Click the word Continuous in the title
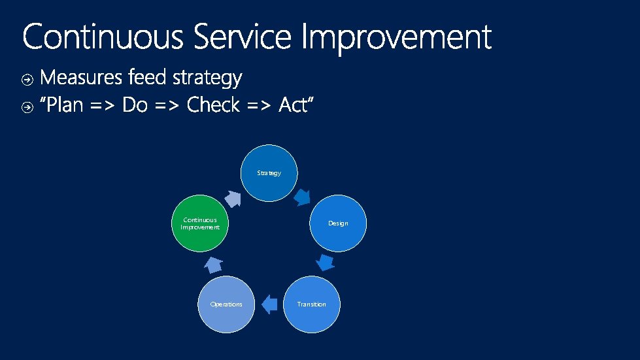(x=103, y=37)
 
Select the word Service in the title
(x=241, y=37)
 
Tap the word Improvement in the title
(x=396, y=37)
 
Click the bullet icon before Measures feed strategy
(x=27, y=80)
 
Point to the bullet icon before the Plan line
(x=27, y=106)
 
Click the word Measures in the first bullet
(x=81, y=78)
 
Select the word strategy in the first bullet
(x=207, y=79)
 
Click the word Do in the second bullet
(x=135, y=105)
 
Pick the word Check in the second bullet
(x=214, y=105)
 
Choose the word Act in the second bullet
(x=295, y=105)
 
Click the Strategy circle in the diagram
(x=269, y=173)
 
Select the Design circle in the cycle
(x=338, y=223)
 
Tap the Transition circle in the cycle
(x=311, y=304)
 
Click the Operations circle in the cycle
(x=226, y=304)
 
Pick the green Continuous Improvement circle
(x=200, y=223)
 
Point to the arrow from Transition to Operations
(x=269, y=304)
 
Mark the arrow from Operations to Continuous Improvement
(x=212, y=264)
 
